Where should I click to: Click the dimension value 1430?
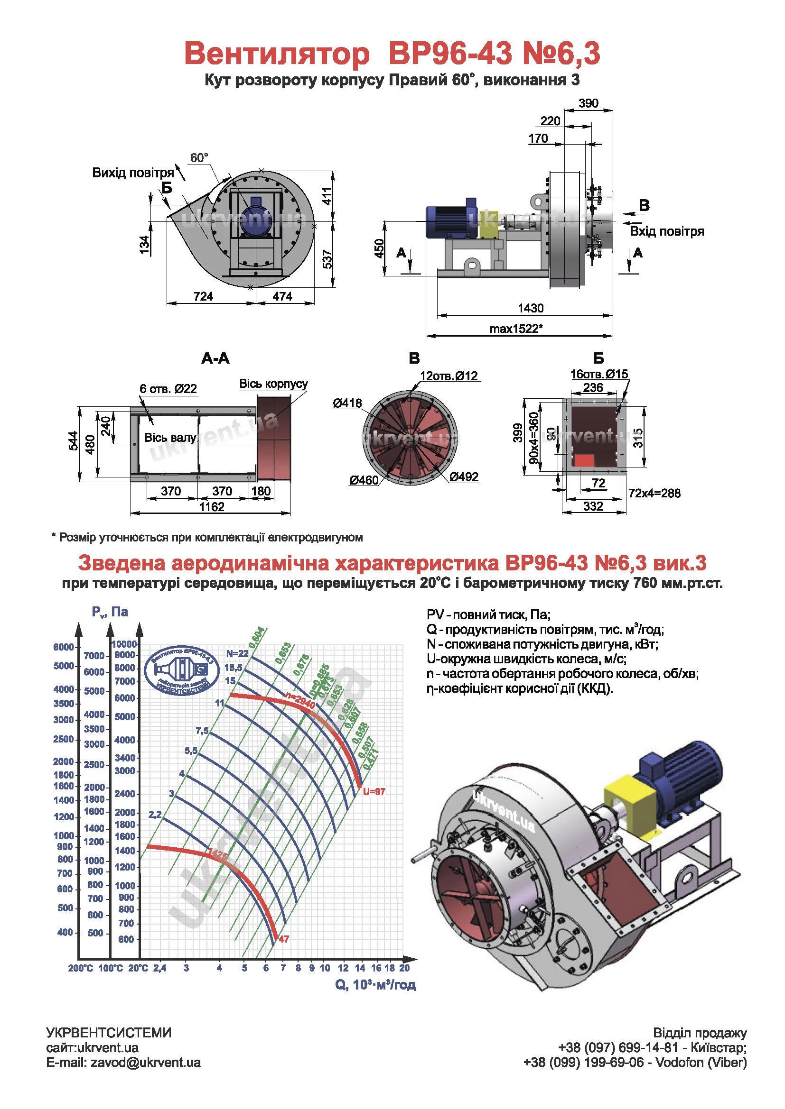(x=530, y=308)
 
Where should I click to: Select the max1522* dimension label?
(x=516, y=329)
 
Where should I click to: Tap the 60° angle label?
(x=199, y=158)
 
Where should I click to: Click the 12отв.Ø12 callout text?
(x=449, y=376)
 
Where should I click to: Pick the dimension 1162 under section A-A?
(x=212, y=507)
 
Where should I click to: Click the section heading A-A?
(x=215, y=358)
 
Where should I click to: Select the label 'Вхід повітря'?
(x=666, y=231)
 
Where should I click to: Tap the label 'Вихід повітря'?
(x=133, y=173)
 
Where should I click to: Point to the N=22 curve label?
(x=237, y=653)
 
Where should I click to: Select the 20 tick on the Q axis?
(x=404, y=968)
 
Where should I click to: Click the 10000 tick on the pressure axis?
(x=124, y=644)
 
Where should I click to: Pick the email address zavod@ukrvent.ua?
(x=146, y=1063)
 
